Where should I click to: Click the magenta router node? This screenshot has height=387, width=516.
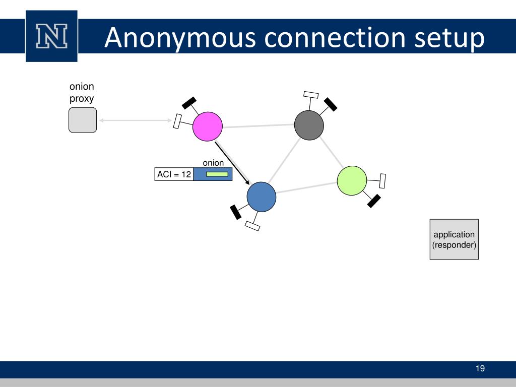[x=207, y=126]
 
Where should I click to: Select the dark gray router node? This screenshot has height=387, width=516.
[x=308, y=125]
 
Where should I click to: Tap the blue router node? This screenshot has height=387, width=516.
[x=262, y=197]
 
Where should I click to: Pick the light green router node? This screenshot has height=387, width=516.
[x=352, y=180]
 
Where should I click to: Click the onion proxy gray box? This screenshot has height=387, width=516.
[x=83, y=120]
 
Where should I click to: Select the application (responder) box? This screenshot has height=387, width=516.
[x=454, y=239]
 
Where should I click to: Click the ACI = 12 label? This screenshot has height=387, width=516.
[x=174, y=174]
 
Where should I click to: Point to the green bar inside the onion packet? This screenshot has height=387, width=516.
[x=217, y=174]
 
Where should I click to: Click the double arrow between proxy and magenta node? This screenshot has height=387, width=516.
[x=136, y=120]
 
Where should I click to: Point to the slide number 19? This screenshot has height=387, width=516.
[x=480, y=369]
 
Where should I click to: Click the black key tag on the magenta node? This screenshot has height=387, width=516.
[x=189, y=102]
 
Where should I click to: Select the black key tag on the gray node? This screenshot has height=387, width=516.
[x=331, y=104]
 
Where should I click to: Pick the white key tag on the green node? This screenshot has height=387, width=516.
[x=382, y=180]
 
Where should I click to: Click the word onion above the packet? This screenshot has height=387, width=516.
[x=213, y=163]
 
